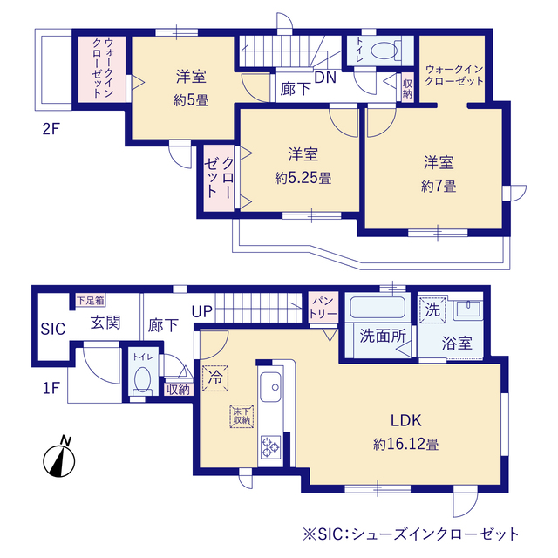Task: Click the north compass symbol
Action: tap(58, 458)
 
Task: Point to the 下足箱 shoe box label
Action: tap(90, 300)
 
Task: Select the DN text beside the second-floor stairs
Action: tap(324, 78)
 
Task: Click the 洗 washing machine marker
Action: tap(432, 309)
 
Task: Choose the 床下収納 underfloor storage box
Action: tap(241, 416)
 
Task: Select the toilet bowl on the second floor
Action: tap(381, 51)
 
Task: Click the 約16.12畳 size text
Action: tap(405, 444)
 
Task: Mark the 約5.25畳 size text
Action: tap(303, 178)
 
